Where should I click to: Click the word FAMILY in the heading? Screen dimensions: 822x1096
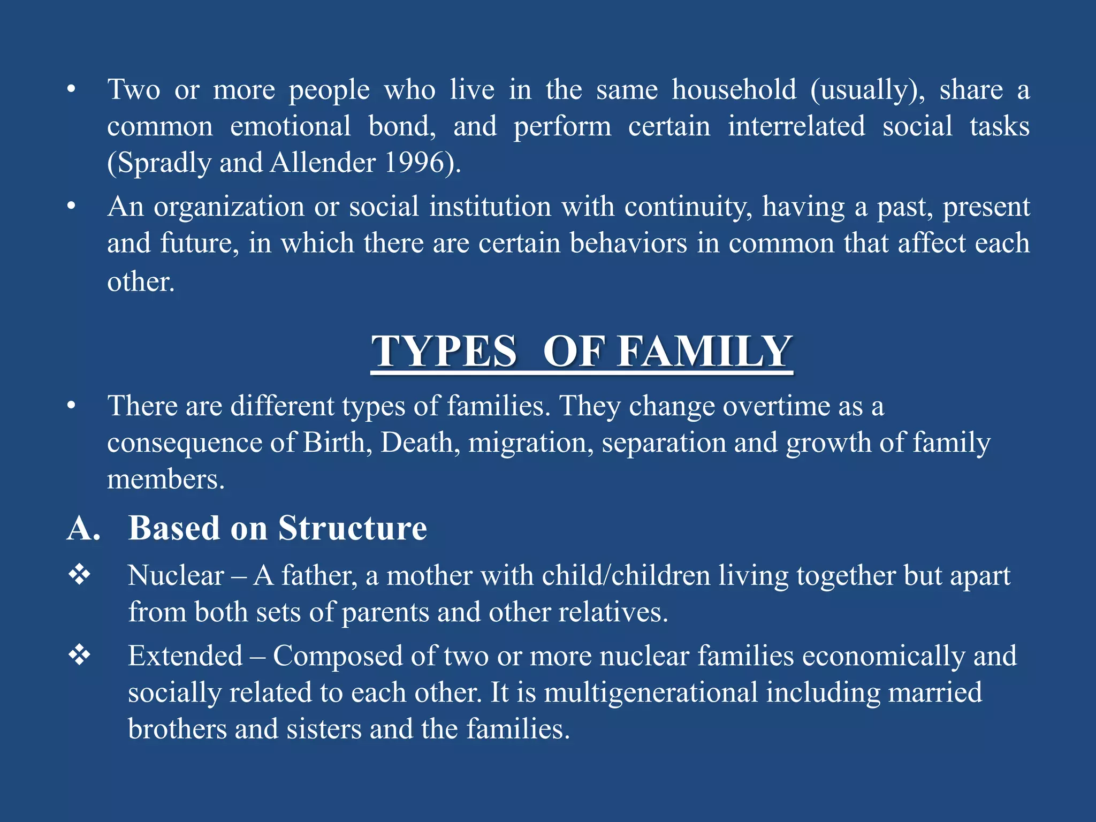704,352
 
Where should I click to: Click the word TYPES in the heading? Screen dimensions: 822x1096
444,352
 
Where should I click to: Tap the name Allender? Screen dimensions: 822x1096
323,162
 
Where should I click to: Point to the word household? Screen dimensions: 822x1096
734,89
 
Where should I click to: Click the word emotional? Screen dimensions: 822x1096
291,126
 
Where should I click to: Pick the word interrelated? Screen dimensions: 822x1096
796,126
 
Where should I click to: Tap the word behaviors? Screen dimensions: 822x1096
628,243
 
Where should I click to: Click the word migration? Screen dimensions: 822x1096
531,443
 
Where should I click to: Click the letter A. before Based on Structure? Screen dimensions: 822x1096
83,528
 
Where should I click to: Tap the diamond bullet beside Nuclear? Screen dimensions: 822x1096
79,575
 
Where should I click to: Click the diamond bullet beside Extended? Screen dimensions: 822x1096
79,655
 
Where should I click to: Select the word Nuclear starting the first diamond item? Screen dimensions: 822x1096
176,576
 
